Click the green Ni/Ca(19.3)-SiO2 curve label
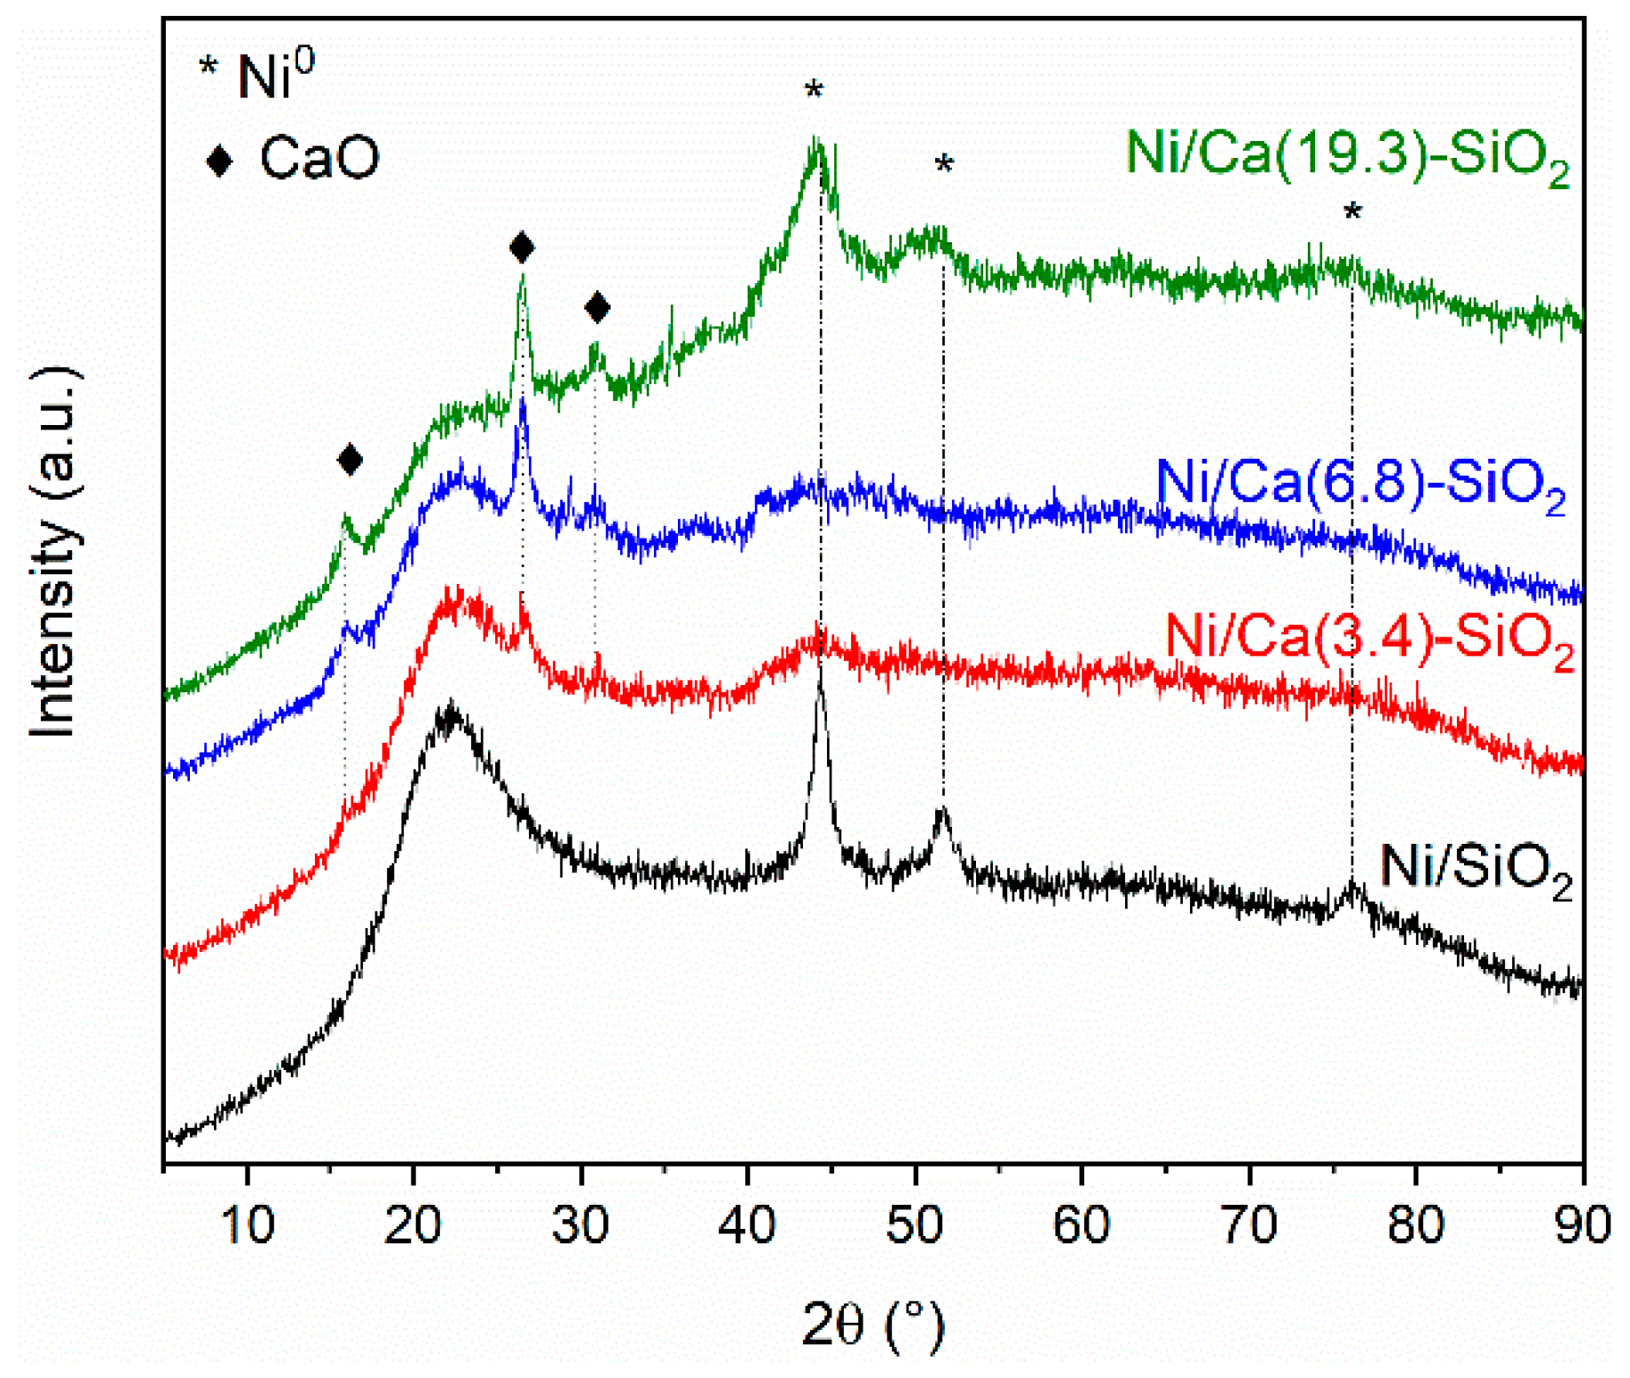[x=1346, y=155]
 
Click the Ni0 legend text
[x=275, y=75]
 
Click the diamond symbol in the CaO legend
[x=219, y=161]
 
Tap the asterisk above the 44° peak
[x=814, y=91]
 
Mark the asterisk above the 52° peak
[x=944, y=165]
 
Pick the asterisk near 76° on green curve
[x=1352, y=213]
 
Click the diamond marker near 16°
[x=350, y=460]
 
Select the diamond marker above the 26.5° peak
[x=522, y=248]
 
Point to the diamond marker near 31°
[x=597, y=308]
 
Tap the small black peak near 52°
[x=942, y=812]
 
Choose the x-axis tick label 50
[x=915, y=1224]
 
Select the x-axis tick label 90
[x=1582, y=1224]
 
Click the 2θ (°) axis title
[x=873, y=1326]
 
